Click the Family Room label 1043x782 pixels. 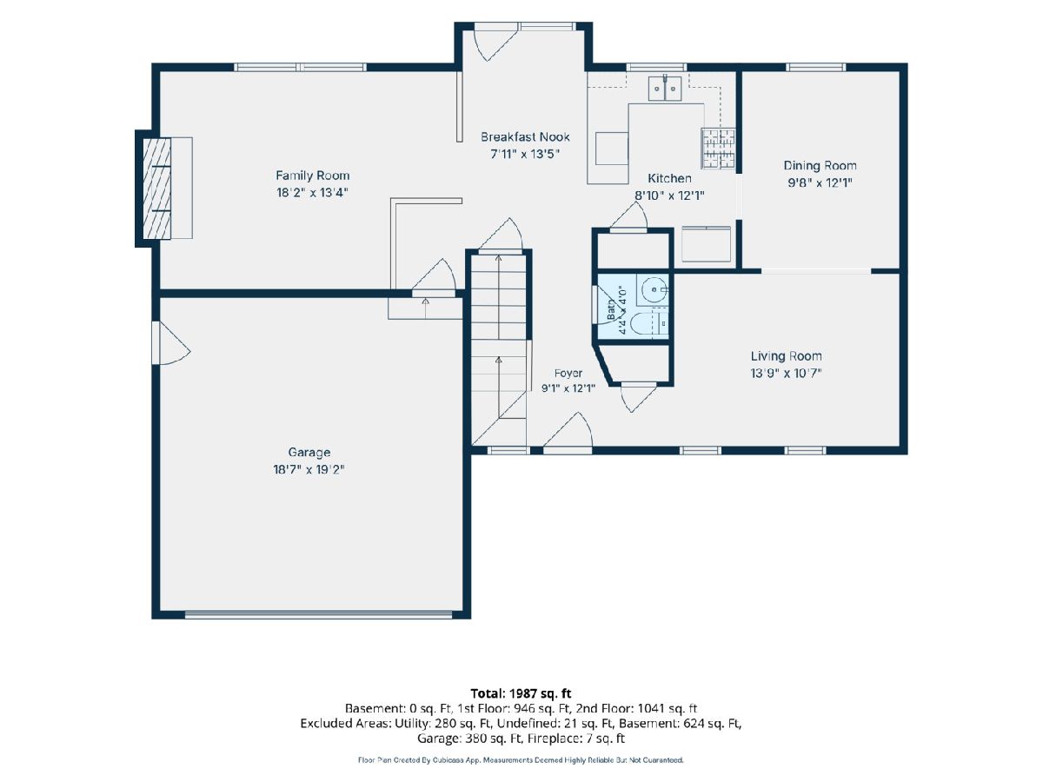[312, 176]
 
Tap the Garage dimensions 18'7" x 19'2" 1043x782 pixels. [309, 469]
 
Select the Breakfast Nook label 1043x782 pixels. [525, 136]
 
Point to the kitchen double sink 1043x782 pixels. [665, 88]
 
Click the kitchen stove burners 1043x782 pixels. [719, 148]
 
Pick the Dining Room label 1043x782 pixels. [820, 166]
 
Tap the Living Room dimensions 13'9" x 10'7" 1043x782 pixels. [786, 374]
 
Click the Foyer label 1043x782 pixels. [568, 374]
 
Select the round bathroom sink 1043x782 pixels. [654, 289]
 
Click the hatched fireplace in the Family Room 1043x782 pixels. [157, 188]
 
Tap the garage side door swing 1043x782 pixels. [170, 343]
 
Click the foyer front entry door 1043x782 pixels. [568, 431]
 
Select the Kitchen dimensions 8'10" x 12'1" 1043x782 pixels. [669, 195]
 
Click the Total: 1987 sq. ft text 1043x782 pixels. [521, 693]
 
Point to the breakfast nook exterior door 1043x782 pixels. [495, 43]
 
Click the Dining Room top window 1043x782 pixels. [816, 68]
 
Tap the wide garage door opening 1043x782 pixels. [318, 614]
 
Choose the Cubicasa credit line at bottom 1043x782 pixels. [521, 760]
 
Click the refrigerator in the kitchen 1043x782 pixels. [706, 244]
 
